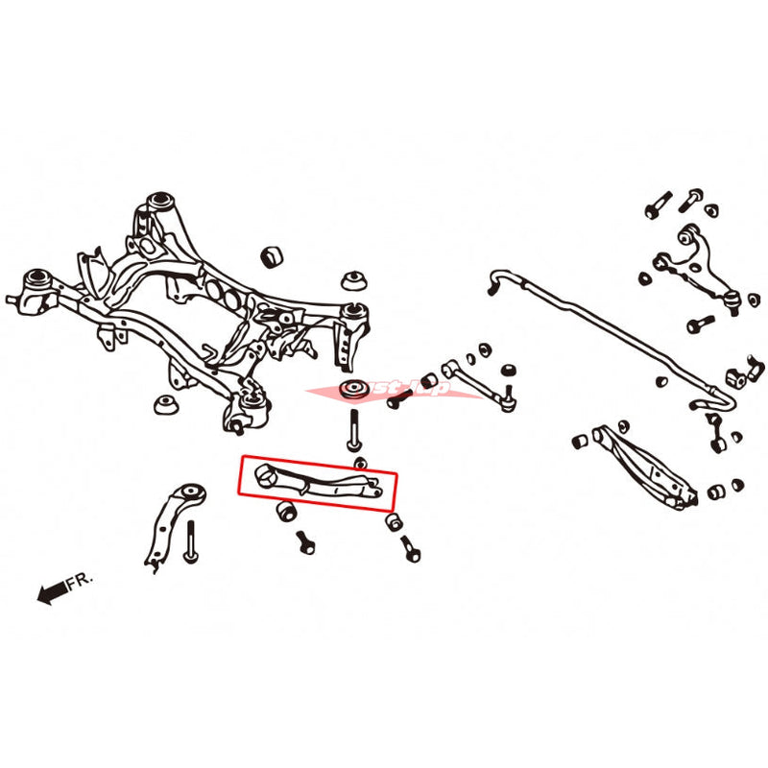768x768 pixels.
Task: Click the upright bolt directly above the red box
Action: (x=355, y=427)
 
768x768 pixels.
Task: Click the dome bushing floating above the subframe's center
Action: (x=273, y=256)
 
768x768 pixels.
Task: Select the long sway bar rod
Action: (x=614, y=336)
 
